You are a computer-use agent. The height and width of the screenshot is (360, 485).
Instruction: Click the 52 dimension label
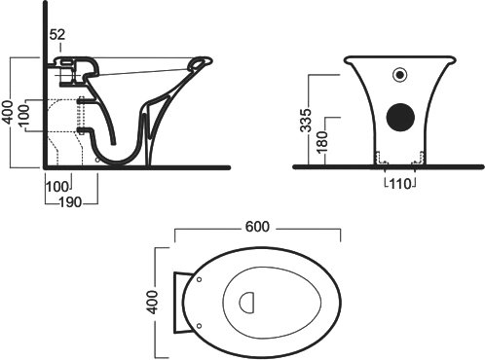(x=57, y=34)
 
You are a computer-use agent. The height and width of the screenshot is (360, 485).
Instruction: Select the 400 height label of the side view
(x=8, y=112)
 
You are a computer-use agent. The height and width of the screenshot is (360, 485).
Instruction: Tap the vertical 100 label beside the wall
(x=23, y=116)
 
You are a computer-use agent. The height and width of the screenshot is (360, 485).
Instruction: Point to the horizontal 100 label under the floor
(x=57, y=187)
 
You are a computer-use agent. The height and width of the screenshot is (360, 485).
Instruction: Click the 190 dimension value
(x=70, y=202)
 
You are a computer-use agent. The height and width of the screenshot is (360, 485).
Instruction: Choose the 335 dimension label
(x=306, y=121)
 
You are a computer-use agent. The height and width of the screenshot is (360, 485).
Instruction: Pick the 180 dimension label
(x=322, y=142)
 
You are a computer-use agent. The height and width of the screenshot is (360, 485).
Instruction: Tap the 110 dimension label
(x=400, y=184)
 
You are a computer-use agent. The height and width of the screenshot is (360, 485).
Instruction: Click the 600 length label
(x=257, y=227)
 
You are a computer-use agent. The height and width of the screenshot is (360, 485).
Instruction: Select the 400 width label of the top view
(x=152, y=303)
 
